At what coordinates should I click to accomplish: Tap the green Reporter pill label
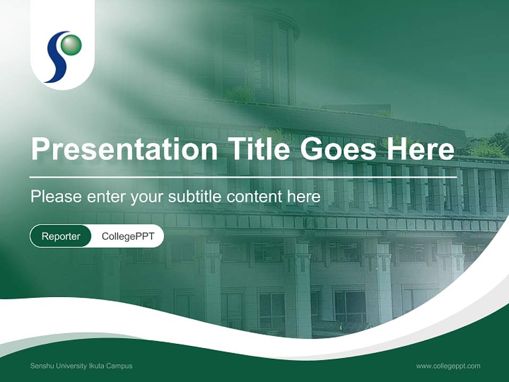(61, 236)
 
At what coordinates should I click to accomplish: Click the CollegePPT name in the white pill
(128, 236)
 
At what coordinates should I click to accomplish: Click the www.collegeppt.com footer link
(448, 366)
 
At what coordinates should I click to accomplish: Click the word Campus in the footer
(119, 366)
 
